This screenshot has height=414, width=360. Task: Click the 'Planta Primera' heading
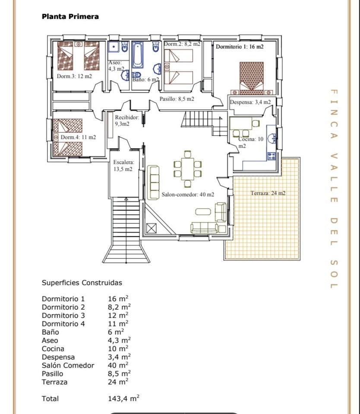pos(70,16)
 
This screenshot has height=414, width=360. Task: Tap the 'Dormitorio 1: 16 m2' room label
pos(240,47)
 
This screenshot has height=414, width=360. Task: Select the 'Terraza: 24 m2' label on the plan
pos(268,193)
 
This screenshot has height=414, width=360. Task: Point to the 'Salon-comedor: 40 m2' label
pos(188,194)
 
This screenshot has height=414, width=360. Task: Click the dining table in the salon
pos(188,169)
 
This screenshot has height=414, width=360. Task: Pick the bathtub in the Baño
pos(138,55)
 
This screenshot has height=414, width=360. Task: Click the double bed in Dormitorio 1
pos(252,78)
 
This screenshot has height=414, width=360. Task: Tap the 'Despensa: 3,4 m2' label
pos(250,102)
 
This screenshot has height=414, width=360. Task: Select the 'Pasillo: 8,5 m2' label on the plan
pos(177,99)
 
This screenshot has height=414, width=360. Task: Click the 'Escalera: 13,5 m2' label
pos(124,166)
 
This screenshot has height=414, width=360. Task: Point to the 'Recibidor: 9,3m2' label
pos(127,120)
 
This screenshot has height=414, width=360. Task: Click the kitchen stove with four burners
pos(272,156)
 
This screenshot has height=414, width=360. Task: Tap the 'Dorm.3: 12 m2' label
pos(74,76)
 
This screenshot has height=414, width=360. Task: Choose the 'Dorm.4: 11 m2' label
pos(78,137)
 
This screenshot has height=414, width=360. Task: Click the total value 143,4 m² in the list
pos(123,398)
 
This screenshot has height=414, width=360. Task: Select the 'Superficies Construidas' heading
pos(82,283)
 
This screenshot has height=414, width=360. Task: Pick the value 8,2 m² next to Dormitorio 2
pos(119,307)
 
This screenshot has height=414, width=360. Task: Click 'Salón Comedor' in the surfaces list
pos(68,365)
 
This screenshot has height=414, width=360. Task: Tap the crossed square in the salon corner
pos(151,228)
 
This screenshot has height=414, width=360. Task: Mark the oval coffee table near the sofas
pos(203,212)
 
